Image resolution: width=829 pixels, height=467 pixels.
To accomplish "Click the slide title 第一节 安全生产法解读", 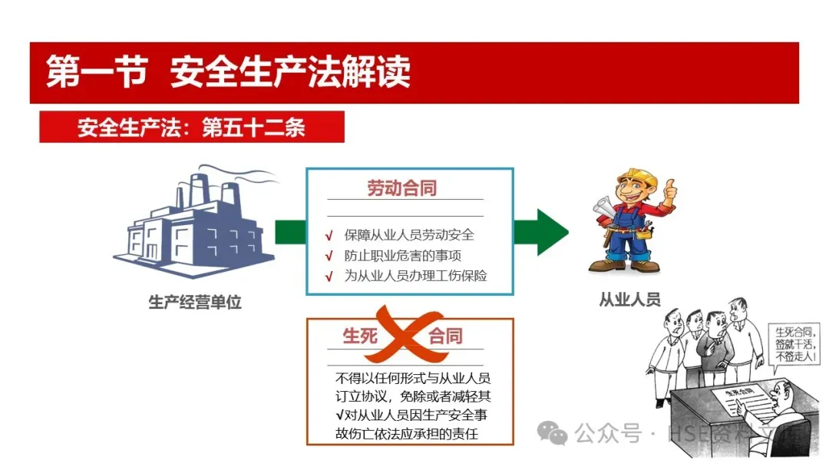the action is (228, 72).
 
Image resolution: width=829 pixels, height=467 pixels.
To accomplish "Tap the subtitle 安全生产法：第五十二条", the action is (191, 127).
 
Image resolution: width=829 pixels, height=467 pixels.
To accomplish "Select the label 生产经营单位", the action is (195, 302).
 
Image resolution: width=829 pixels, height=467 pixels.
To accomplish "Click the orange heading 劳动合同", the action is (401, 188).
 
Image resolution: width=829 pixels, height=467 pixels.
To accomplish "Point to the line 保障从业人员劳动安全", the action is (409, 234).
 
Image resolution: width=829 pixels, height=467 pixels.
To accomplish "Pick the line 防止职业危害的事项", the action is (402, 255).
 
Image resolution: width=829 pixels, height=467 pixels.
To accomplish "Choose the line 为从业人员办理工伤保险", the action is (415, 276).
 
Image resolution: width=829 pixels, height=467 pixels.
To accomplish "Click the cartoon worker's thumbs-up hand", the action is (669, 189).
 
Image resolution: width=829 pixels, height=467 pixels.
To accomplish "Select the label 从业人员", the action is (629, 300).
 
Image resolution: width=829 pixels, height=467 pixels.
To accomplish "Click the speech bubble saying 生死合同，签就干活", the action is (796, 343).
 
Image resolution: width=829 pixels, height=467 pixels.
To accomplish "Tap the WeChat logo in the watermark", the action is (552, 435).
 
